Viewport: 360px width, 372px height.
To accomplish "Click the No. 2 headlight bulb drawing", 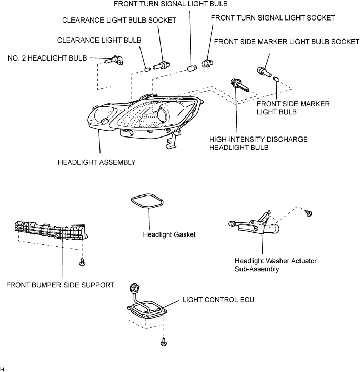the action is click(114, 60).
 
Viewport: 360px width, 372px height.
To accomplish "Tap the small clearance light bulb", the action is click(148, 69).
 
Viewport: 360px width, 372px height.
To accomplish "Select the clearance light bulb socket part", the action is click(162, 65).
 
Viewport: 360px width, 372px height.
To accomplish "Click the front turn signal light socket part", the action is click(207, 63).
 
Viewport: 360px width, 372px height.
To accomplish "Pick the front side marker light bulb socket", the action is click(264, 72).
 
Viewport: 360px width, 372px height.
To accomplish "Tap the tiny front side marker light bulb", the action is click(276, 79).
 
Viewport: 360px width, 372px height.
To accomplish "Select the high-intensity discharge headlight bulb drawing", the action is click(239, 85).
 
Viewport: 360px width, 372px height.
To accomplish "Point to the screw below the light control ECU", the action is click(164, 342).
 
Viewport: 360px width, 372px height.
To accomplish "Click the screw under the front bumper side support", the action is click(82, 262).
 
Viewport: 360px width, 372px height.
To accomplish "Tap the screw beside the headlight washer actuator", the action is click(309, 212).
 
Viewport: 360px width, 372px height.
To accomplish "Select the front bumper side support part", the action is click(51, 230).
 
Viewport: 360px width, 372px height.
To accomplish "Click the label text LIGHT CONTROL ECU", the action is click(218, 300).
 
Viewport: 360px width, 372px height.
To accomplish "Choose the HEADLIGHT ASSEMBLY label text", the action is click(97, 162).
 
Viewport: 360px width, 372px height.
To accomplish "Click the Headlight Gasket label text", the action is click(169, 234).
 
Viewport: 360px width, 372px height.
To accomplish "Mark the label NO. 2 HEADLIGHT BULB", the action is click(47, 58).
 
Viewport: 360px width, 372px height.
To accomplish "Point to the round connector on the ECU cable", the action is click(134, 288).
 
